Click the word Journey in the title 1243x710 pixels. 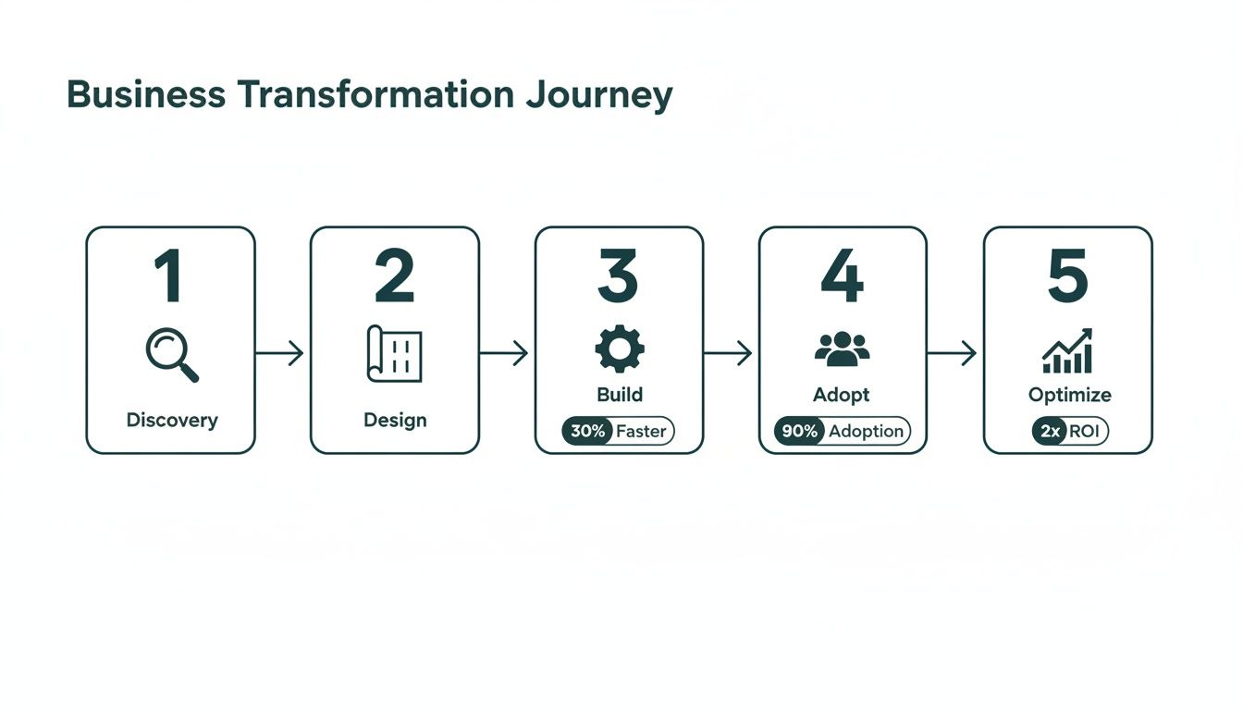click(597, 96)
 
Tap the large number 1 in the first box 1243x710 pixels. click(169, 276)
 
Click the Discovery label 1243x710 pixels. click(172, 420)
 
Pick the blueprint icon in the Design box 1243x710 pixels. click(395, 353)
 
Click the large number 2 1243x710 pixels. click(395, 276)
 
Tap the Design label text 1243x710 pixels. click(395, 420)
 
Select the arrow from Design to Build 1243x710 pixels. click(505, 352)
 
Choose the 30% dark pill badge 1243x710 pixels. click(587, 431)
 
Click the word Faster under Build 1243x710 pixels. click(641, 431)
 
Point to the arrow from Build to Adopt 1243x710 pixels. click(729, 352)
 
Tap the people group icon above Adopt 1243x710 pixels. click(842, 349)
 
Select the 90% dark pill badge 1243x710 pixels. click(799, 431)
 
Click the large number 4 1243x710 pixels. click(842, 276)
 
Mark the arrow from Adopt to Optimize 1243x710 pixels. click(953, 352)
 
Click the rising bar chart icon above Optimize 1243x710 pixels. click(1067, 351)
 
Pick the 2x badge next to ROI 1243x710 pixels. click(1049, 431)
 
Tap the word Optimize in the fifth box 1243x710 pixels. click(1069, 395)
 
